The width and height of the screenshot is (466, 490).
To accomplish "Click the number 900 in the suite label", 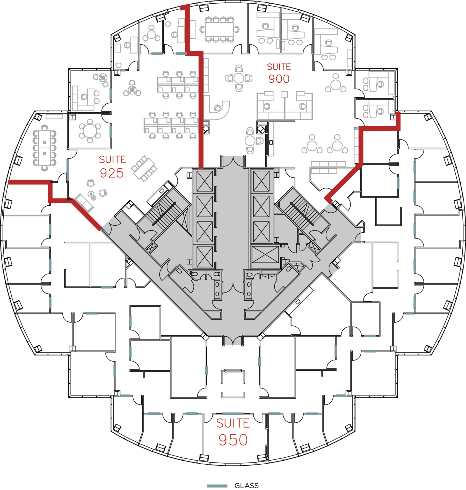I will (279, 79).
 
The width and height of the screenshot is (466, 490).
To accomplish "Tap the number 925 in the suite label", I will (112, 173).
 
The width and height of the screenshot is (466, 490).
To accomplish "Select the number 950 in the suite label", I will (233, 440).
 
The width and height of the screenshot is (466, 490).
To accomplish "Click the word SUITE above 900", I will (279, 67).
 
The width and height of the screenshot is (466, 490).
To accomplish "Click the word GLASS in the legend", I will (246, 486).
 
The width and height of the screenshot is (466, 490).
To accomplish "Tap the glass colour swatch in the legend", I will (217, 486).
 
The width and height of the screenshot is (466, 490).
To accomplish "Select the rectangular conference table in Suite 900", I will (219, 29).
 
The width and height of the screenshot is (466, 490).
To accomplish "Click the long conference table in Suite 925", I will (45, 148).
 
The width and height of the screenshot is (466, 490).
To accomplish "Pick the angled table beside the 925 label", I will (144, 168).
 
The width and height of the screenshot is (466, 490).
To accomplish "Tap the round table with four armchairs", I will (239, 78).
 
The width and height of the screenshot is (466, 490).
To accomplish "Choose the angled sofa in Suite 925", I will (84, 203).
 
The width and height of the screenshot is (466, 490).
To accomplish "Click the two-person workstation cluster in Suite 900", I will (285, 106).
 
